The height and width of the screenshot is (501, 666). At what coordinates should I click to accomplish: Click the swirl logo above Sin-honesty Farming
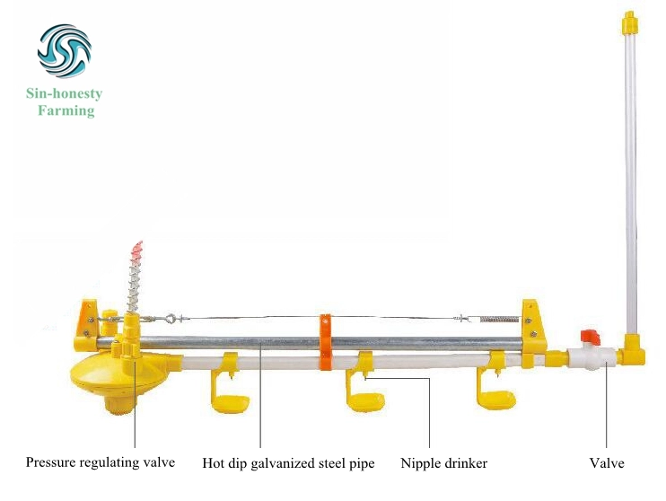pos(64,52)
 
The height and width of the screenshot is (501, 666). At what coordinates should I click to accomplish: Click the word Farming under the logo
pos(66,111)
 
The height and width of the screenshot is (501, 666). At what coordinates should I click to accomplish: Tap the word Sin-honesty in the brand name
pos(65,93)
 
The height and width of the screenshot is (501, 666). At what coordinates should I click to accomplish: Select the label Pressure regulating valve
pos(101,463)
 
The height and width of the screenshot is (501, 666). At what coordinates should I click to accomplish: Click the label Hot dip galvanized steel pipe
pos(288,463)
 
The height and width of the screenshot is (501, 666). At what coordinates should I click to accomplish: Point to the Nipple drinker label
pos(444,463)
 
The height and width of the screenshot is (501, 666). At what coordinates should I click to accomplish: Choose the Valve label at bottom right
pos(606,463)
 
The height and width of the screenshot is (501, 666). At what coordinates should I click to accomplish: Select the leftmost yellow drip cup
pos(229,400)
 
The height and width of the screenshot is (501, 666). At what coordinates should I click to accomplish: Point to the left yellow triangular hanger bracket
pos(90,318)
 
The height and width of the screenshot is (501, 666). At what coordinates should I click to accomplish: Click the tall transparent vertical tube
pos(631,180)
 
